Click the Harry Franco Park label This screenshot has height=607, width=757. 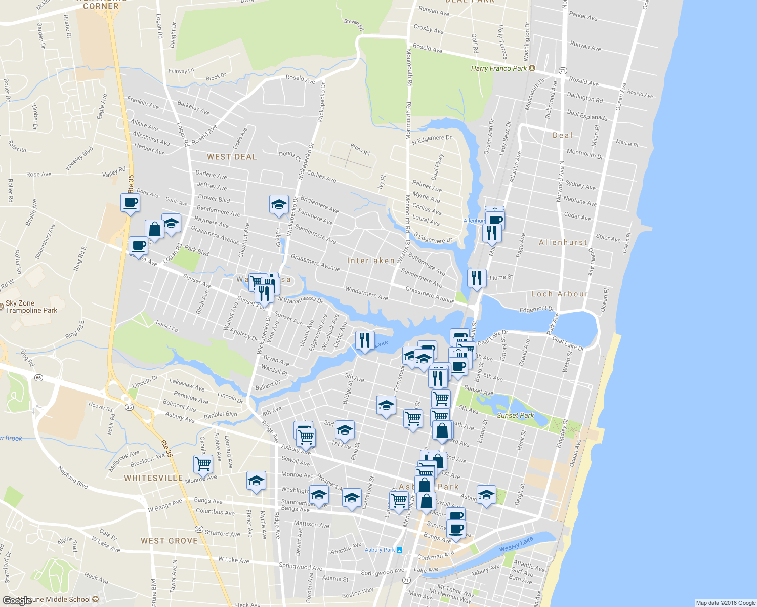(x=499, y=68)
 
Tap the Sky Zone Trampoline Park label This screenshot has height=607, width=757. (x=31, y=307)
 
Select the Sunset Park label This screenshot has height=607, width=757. (x=515, y=415)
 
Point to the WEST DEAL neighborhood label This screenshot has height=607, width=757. (x=232, y=157)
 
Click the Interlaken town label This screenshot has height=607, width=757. (x=371, y=261)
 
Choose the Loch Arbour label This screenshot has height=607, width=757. (x=560, y=294)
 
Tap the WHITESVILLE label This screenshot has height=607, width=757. (x=153, y=478)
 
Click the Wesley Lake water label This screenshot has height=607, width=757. (x=516, y=545)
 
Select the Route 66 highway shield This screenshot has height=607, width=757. (x=38, y=378)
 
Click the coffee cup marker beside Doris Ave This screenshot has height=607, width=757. (x=130, y=203)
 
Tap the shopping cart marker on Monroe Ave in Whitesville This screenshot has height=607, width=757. (x=203, y=463)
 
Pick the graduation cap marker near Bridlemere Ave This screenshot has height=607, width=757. (x=279, y=205)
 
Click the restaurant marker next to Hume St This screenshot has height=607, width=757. (x=477, y=278)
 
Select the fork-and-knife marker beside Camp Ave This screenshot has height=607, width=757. (x=365, y=340)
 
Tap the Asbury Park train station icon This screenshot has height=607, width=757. (x=399, y=550)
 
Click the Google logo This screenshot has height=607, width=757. (x=17, y=600)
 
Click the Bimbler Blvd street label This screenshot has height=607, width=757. (x=221, y=414)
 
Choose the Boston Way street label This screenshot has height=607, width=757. (x=358, y=593)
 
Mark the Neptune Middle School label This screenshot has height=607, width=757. (x=61, y=600)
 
